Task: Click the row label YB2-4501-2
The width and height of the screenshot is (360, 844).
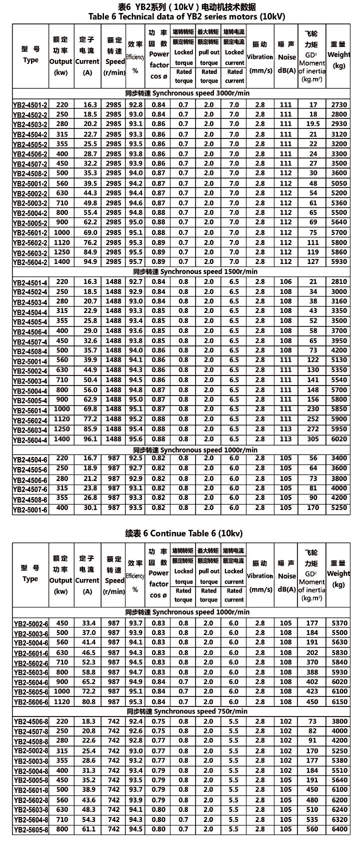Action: tap(30, 105)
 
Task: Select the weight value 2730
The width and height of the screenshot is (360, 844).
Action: tap(338, 104)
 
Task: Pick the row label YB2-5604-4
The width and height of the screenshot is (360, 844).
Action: tap(30, 440)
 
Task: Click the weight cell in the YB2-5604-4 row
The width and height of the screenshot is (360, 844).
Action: tap(338, 439)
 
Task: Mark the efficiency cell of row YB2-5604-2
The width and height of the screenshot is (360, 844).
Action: tap(135, 261)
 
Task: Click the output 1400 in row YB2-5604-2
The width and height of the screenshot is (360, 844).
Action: tap(62, 261)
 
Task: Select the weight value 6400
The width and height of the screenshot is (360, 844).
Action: tap(338, 829)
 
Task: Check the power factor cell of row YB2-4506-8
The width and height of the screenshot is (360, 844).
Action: tap(158, 721)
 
